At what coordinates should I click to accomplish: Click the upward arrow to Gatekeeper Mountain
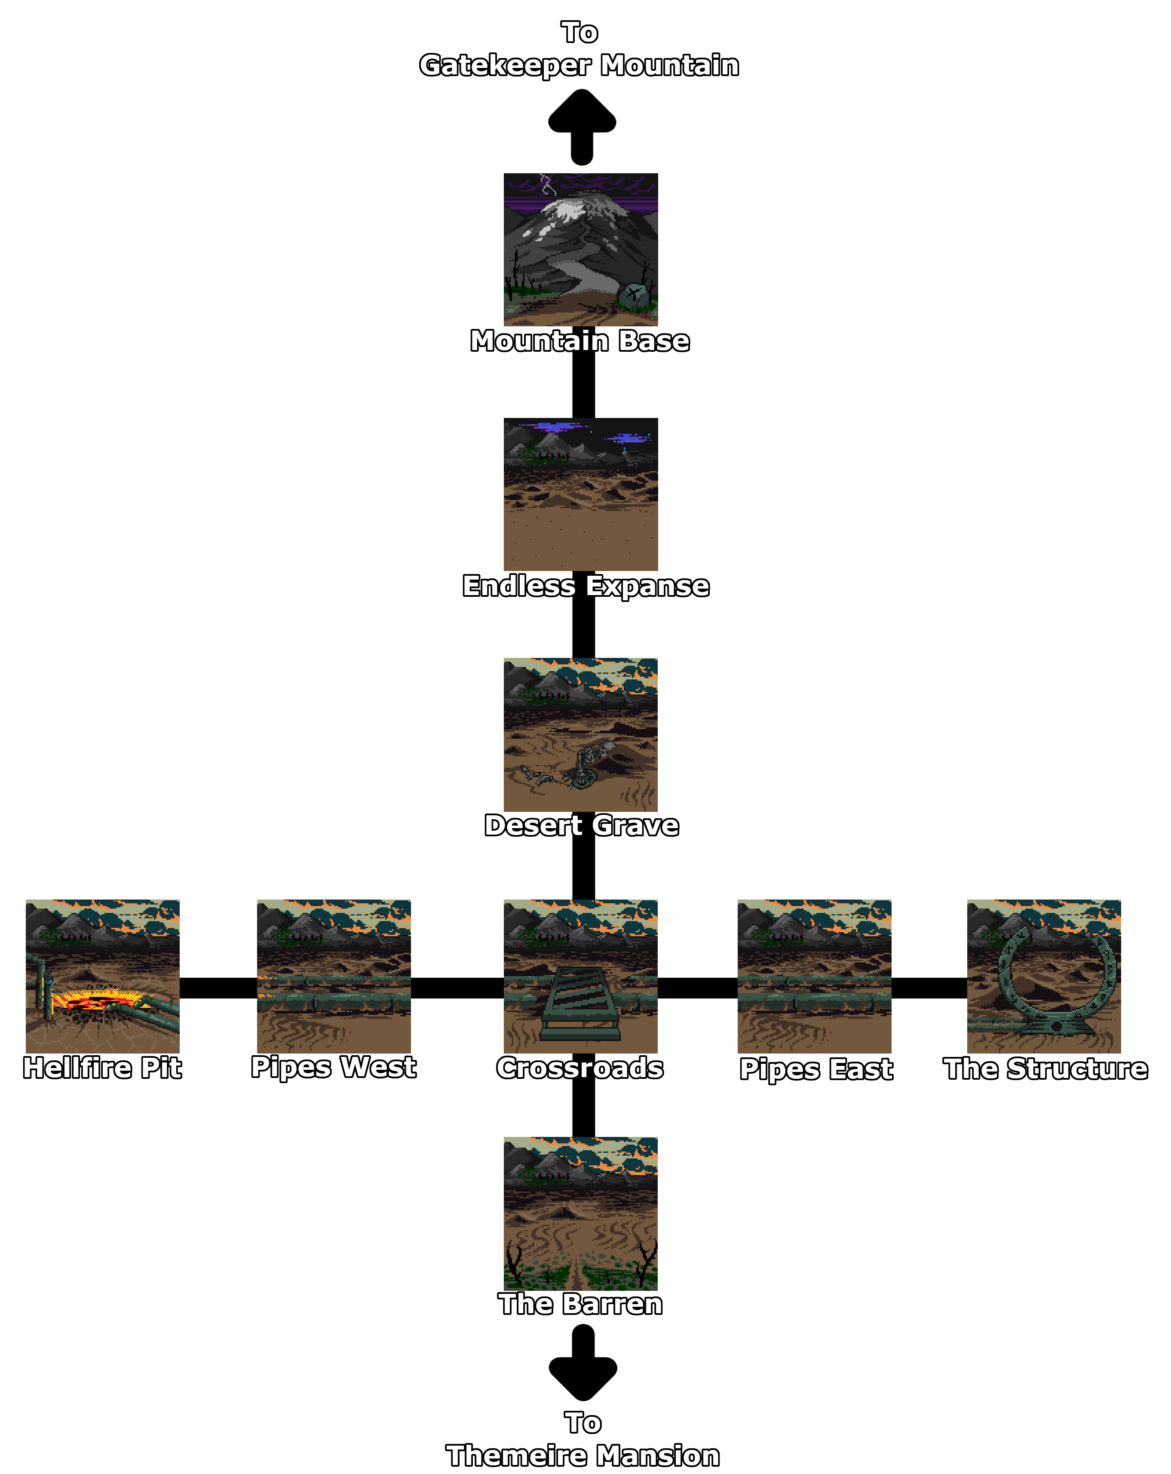582,126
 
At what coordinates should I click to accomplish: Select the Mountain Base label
579,341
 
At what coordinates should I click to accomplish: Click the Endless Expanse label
586,586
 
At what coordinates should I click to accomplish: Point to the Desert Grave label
581,825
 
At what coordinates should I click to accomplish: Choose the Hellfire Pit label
102,1067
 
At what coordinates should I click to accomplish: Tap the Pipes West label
333,1066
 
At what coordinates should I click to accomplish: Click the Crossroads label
579,1067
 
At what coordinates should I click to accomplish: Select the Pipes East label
815,1069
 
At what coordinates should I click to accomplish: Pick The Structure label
1045,1068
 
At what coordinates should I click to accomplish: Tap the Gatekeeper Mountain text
579,65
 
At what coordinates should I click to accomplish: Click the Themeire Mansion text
582,1456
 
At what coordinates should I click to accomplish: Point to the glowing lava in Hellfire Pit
103,1000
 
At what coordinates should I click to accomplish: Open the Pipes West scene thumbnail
334,976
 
